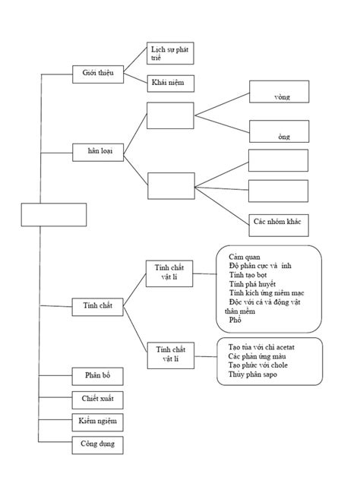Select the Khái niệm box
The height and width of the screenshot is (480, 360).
coord(169,82)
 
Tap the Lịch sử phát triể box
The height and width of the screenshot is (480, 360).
coord(169,52)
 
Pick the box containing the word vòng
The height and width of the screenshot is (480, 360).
coord(279,93)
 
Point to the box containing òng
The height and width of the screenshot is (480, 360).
coord(279,132)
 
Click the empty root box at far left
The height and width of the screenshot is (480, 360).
coord(54,214)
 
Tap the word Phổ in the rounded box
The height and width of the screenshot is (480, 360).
coord(235,321)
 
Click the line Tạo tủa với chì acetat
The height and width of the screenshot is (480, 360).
coord(262,347)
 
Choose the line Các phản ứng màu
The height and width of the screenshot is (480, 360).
coord(256,356)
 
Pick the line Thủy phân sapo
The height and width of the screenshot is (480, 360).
coord(252,374)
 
